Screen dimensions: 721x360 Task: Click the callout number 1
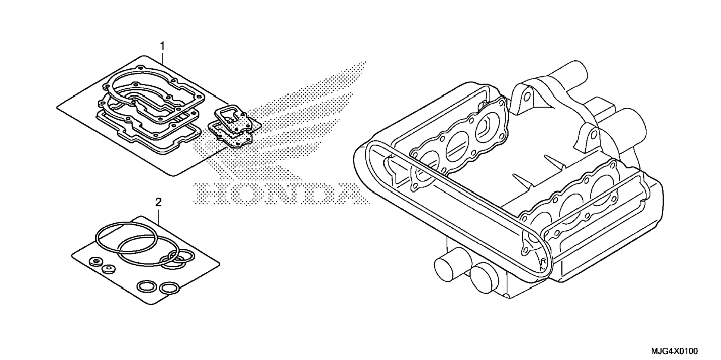162,46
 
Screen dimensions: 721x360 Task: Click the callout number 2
158,203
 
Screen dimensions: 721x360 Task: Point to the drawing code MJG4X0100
674,351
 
